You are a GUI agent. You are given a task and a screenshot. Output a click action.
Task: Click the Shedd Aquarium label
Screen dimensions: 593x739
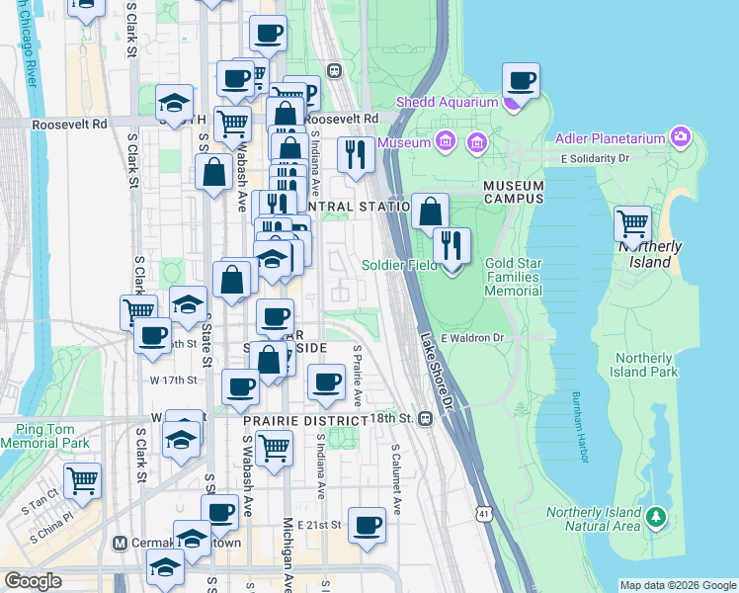[447, 103]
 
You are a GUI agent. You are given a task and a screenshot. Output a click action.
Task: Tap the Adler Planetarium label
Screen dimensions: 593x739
[613, 137]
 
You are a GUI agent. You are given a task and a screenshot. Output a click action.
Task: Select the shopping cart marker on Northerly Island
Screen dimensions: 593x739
[632, 224]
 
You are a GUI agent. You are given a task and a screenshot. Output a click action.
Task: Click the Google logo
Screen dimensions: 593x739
[33, 581]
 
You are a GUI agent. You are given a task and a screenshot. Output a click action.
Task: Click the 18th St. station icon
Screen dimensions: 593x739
[425, 419]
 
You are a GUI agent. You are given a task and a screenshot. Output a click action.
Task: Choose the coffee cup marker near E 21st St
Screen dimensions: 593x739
[367, 525]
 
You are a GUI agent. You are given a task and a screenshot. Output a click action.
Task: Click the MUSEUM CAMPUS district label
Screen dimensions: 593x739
[514, 192]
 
